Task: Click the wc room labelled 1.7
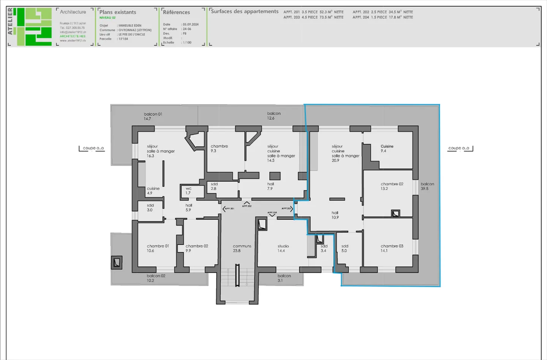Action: click(188, 191)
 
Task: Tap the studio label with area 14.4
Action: click(283, 248)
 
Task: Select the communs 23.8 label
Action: click(242, 248)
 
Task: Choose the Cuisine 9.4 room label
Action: click(387, 148)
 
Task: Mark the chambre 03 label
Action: click(392, 248)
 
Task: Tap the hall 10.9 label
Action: click(335, 215)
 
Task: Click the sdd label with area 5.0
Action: click(345, 248)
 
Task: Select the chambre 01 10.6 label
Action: click(158, 248)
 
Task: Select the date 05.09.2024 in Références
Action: click(191, 24)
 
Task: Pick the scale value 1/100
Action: click(187, 43)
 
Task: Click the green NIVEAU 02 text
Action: click(108, 18)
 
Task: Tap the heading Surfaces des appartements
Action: click(245, 11)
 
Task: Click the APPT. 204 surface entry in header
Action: click(383, 17)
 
